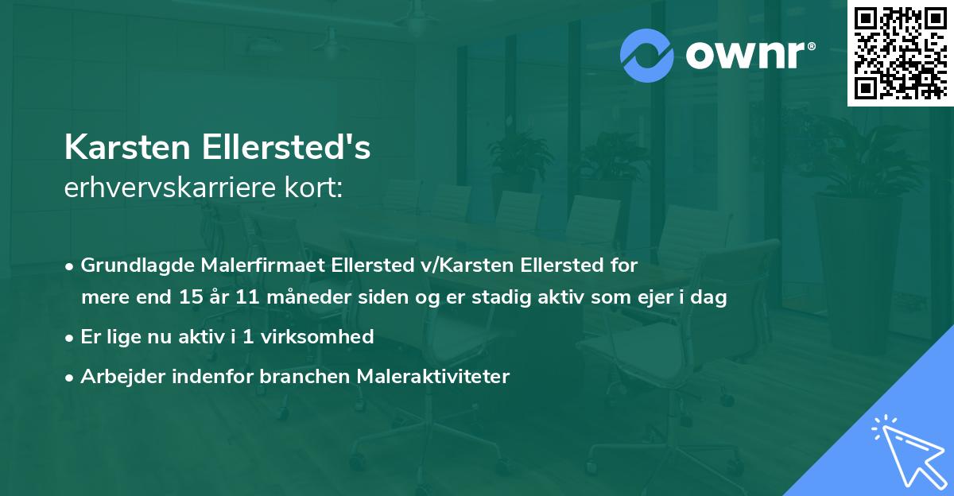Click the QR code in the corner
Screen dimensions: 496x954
coord(900,52)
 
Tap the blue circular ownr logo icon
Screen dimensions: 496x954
coord(647,55)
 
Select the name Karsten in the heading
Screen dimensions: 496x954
coord(128,149)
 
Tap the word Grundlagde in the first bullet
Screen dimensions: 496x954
coord(130,265)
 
